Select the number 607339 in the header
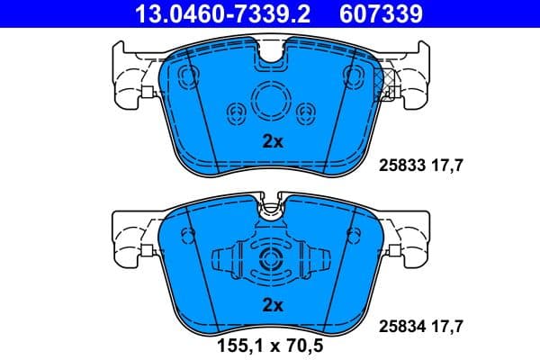(380, 13)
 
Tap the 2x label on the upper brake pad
(272, 141)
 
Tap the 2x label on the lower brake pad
(272, 305)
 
